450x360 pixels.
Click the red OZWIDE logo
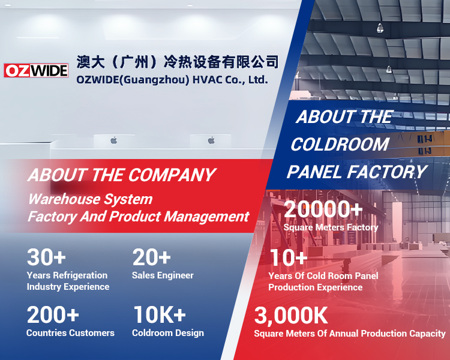coord(36,71)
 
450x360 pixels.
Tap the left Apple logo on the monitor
coord(114,140)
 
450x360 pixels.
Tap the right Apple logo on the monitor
coord(211,140)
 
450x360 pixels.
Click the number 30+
coord(46,257)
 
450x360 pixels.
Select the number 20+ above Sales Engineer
coord(152,257)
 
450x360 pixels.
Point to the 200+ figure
coord(53,314)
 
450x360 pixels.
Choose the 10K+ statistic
coord(159,314)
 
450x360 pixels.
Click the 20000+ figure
coord(323,209)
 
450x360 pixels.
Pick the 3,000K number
coord(291,316)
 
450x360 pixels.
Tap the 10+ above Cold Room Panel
coord(289,257)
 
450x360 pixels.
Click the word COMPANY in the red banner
coord(172,175)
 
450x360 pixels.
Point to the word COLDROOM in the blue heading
coord(340,144)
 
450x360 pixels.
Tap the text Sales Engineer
coord(163,275)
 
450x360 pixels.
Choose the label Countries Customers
coord(70,333)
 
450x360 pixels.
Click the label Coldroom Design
coord(168,333)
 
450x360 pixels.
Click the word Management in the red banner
coord(206,216)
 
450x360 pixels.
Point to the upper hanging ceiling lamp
coord(380,28)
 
